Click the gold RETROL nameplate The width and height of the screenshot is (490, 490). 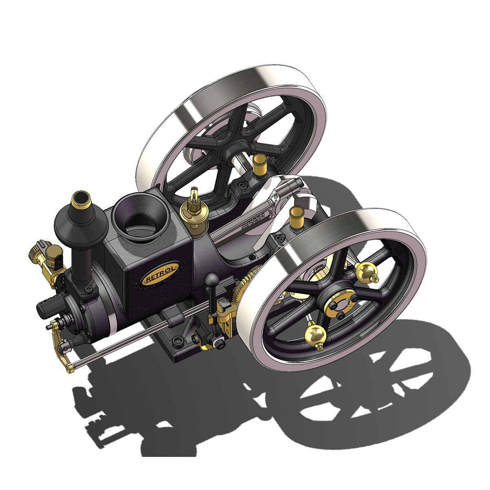pos(160,273)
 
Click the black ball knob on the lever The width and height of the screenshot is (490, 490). pos(212,280)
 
